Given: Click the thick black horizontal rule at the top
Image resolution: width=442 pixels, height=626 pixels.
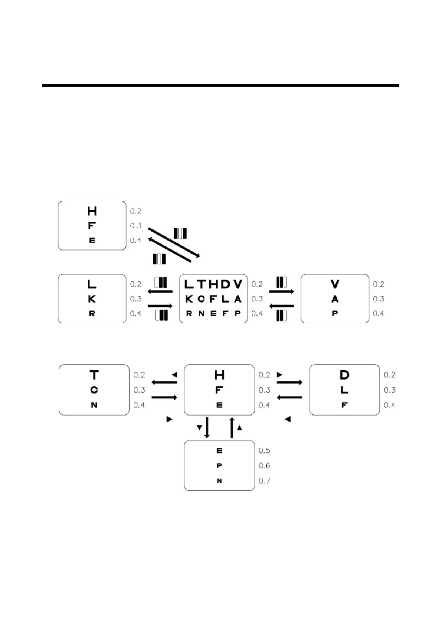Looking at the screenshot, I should [220, 85].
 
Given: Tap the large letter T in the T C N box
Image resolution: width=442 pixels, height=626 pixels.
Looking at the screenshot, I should [94, 375].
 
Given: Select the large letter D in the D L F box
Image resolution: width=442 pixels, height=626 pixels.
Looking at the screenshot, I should [344, 375].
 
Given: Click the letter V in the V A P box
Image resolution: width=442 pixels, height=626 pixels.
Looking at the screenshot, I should [335, 284].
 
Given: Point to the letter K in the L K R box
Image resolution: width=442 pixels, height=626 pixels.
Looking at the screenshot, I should [92, 299].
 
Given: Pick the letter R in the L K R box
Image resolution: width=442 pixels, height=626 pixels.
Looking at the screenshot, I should [92, 313].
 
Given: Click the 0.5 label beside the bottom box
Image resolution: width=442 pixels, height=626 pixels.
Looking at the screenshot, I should [264, 451].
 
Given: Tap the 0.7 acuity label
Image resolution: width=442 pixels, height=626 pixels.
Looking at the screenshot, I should [264, 481].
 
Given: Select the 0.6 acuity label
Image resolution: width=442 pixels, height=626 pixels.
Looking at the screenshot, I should [264, 465].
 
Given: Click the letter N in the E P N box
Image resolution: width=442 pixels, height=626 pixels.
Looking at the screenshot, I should [219, 481].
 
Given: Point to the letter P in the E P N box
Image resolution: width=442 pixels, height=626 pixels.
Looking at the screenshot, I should [219, 465].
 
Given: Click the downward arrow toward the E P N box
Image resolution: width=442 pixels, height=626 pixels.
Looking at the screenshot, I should [207, 427].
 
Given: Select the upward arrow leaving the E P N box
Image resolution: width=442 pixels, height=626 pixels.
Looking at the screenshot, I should [232, 427].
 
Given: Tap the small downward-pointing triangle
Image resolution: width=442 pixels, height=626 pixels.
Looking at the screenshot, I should [199, 428].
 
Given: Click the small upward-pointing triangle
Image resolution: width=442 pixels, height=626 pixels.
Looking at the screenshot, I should [239, 428].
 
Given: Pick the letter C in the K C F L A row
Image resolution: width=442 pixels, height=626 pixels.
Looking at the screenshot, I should [201, 299].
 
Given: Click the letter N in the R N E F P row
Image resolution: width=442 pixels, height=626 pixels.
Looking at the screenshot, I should [201, 313].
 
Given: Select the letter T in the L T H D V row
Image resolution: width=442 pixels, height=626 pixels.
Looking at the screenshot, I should [201, 284].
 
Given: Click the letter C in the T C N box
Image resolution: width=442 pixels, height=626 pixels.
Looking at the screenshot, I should [94, 390].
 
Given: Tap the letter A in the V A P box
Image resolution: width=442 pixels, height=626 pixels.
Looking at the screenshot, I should [335, 299].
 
